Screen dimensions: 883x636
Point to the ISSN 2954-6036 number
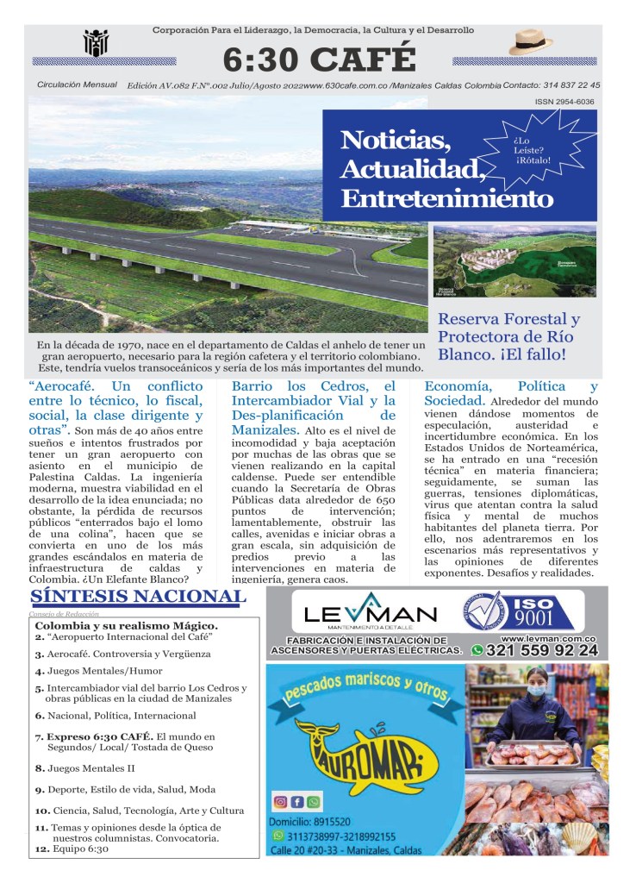pyautogui.click(x=564, y=102)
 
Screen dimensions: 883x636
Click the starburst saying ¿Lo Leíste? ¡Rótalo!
pyautogui.click(x=533, y=147)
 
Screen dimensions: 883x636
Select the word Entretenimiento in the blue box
pyautogui.click(x=446, y=198)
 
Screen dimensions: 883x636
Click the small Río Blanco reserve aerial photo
pyautogui.click(x=514, y=261)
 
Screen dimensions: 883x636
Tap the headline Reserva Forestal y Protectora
pyautogui.click(x=508, y=328)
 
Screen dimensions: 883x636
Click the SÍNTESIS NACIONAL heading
pyautogui.click(x=137, y=597)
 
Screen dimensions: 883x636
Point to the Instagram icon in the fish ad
pyautogui.click(x=280, y=802)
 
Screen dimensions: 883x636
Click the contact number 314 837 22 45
pyautogui.click(x=564, y=85)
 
